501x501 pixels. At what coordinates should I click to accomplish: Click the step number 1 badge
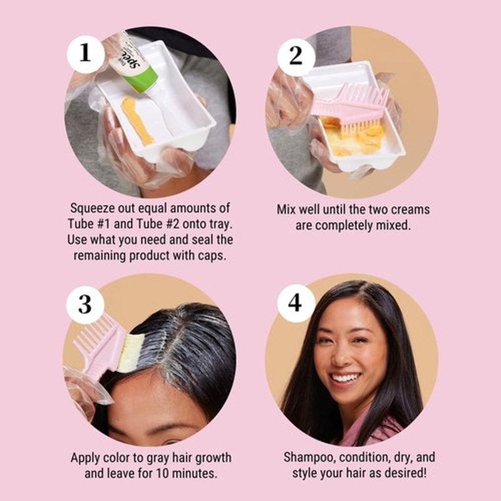pos(85,54)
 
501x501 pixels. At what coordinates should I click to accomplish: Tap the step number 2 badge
pos(296,56)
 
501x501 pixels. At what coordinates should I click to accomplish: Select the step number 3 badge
pos(85,304)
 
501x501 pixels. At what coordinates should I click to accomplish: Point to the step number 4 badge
pos(295,303)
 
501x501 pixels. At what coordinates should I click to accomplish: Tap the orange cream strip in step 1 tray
pos(137,120)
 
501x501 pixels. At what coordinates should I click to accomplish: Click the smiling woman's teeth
pos(345,379)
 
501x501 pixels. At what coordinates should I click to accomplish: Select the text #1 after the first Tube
pos(103,224)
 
